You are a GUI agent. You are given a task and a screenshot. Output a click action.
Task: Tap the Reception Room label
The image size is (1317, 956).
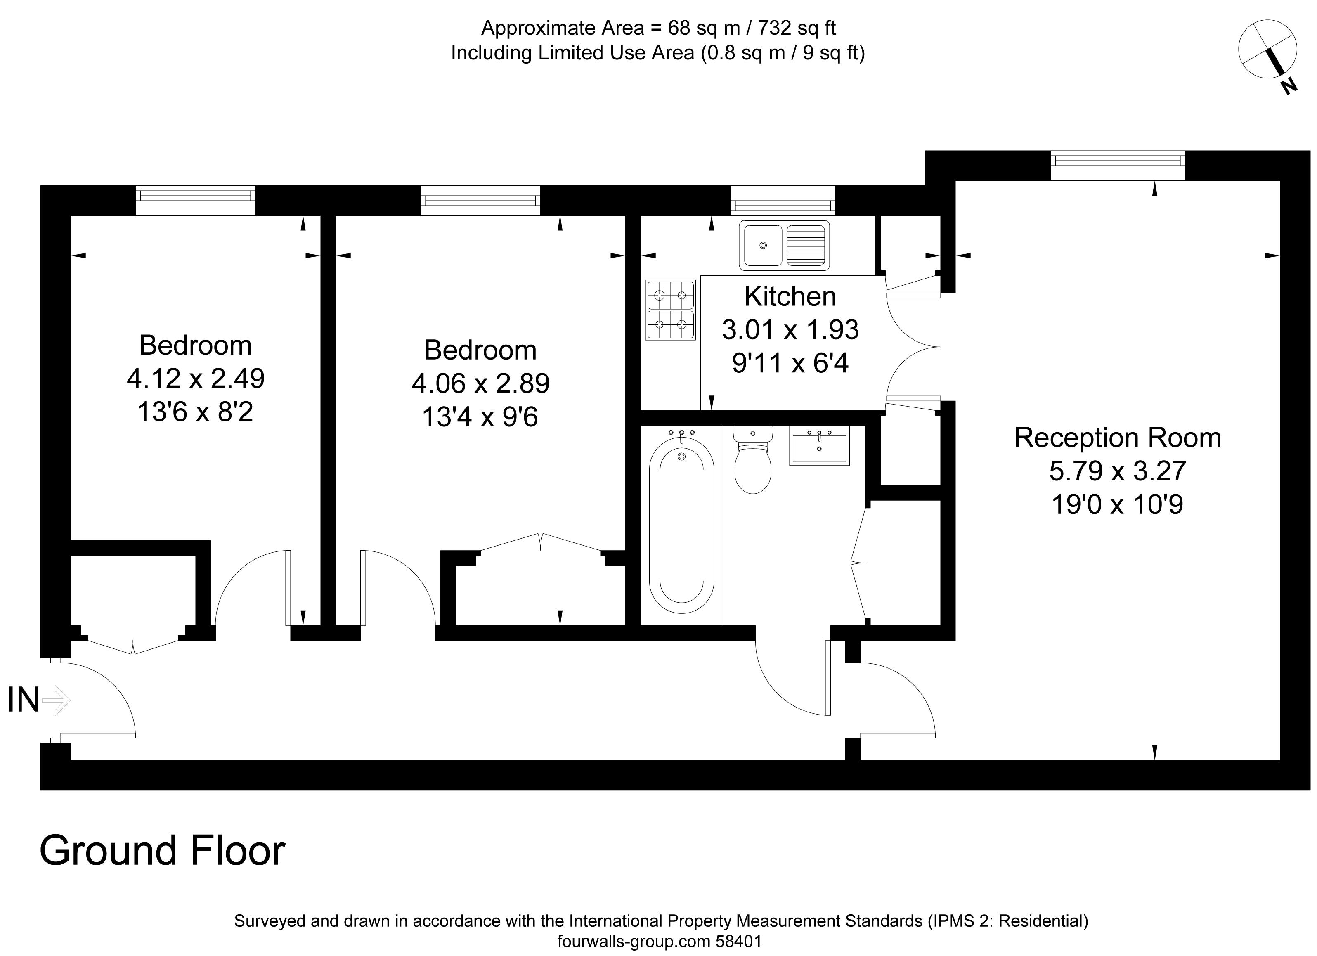1117,438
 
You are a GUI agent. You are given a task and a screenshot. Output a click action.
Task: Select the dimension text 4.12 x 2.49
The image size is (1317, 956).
196,379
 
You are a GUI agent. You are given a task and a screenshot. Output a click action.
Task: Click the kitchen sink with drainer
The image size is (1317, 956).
785,245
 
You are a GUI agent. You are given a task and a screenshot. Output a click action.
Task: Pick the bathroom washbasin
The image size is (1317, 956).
819,445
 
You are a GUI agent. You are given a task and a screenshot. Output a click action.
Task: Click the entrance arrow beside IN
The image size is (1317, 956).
56,700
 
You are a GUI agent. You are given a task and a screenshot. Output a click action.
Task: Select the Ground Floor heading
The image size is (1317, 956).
162,851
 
